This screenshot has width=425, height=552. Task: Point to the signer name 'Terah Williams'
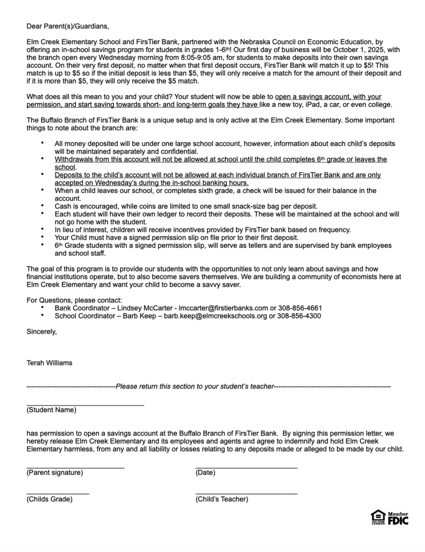tap(49, 363)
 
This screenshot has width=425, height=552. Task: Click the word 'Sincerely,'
tap(41, 332)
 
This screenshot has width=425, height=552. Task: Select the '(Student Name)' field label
tap(51, 410)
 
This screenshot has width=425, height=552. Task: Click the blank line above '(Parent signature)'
tap(75, 467)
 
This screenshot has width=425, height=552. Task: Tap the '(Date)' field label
tap(205, 473)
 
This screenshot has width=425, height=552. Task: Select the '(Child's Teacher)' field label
tap(221, 499)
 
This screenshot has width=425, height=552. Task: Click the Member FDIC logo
tap(396, 519)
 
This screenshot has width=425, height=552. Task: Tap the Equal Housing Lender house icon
tap(377, 518)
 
